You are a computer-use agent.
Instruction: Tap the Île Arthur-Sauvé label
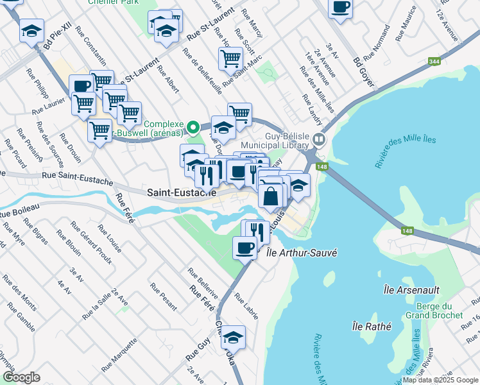pyautogui.click(x=301, y=253)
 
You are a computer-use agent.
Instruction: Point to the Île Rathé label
pyautogui.click(x=367, y=326)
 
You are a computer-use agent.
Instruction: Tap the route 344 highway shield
pyautogui.click(x=434, y=62)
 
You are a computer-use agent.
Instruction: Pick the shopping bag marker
pyautogui.click(x=271, y=195)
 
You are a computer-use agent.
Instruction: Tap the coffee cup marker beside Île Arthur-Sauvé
pyautogui.click(x=244, y=247)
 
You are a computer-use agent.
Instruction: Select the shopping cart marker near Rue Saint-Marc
pyautogui.click(x=230, y=59)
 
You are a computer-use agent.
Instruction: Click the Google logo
pyautogui.click(x=21, y=377)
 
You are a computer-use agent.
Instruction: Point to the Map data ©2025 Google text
pyautogui.click(x=440, y=380)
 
